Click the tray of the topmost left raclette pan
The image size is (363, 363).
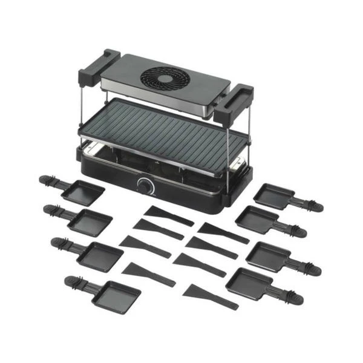pyautogui.click(x=83, y=192)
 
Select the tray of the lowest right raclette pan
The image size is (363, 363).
pyautogui.click(x=249, y=283)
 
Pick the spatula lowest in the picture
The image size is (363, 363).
pyautogui.click(x=210, y=296)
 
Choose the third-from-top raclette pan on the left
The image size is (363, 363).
pyautogui.click(x=100, y=254)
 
